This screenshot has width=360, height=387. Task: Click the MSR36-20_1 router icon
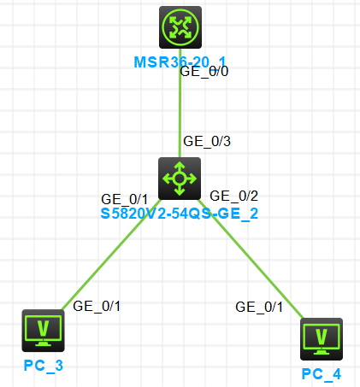tap(180, 27)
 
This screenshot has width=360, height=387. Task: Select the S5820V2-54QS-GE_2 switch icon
tap(180, 179)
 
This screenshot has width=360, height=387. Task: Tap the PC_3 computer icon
tap(44, 331)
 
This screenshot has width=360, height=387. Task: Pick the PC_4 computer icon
tap(322, 339)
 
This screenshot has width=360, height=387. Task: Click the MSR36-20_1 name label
tap(180, 62)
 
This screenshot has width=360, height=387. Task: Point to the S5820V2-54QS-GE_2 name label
tap(180, 214)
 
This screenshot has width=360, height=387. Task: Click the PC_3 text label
tap(44, 366)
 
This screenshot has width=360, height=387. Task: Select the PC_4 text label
tap(322, 374)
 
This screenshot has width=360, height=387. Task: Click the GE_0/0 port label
tap(204, 72)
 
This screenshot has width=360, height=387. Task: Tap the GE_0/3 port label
tap(207, 142)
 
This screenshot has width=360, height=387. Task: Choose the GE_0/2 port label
tap(234, 196)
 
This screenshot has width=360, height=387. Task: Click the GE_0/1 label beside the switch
tap(125, 200)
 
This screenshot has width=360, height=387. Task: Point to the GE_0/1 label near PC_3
tap(97, 307)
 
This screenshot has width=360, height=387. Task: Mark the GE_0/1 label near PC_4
tap(259, 308)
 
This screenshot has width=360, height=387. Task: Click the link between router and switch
tap(180, 103)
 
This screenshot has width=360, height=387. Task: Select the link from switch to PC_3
tap(111, 255)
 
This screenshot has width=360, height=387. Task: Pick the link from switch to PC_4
tap(251, 259)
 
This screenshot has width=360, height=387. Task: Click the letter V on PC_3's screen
tap(44, 328)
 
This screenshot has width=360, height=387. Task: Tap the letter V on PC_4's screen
tap(322, 337)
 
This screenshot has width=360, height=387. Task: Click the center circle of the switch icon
tap(180, 179)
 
